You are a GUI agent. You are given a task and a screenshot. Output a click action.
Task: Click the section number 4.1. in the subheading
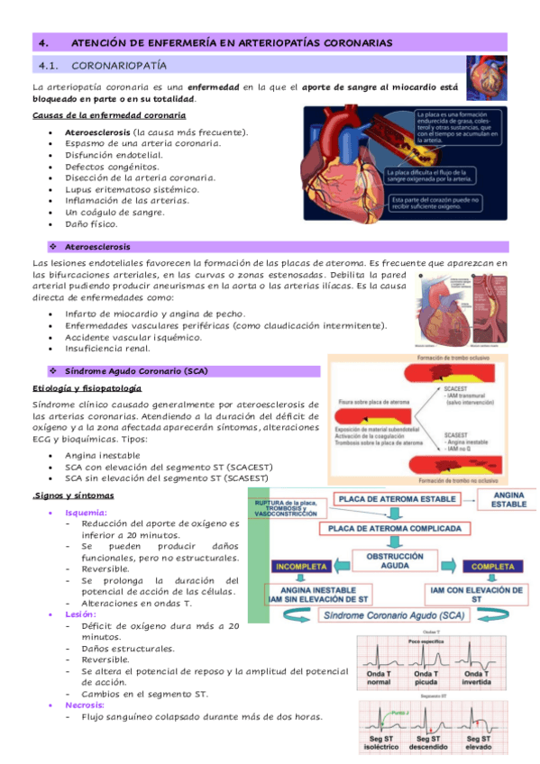[43, 66]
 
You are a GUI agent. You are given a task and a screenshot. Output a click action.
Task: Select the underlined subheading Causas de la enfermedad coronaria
[108, 116]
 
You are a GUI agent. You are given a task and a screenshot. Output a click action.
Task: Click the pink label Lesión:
[81, 614]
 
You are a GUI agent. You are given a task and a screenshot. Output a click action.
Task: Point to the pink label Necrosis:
[87, 705]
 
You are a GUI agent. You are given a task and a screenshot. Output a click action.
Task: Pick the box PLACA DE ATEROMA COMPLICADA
[397, 528]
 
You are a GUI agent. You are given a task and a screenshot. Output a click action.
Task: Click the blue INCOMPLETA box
[301, 568]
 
